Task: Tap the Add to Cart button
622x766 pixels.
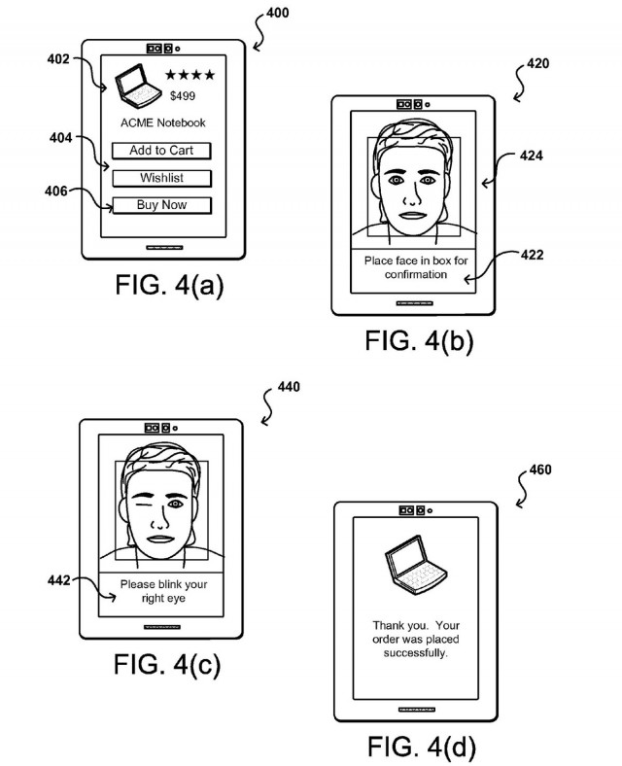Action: coord(161,151)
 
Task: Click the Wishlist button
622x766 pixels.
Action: coord(161,178)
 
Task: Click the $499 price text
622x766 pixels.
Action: coord(183,95)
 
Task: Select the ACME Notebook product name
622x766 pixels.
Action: coord(163,122)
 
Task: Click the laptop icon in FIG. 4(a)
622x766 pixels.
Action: coord(137,86)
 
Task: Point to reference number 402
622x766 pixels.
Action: coord(58,59)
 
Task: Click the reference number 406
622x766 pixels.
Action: coord(55,191)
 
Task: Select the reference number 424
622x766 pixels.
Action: coord(532,156)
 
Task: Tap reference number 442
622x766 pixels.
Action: coord(58,580)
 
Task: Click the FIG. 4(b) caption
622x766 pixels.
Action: coord(419,340)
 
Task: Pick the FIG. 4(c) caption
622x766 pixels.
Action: coord(167,664)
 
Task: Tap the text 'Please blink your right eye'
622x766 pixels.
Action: coord(163,591)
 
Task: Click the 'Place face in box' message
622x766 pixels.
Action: coord(416,267)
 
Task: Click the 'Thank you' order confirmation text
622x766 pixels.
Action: coord(416,639)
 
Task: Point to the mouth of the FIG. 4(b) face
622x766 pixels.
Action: coord(413,216)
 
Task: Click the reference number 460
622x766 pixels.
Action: coord(540,470)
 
